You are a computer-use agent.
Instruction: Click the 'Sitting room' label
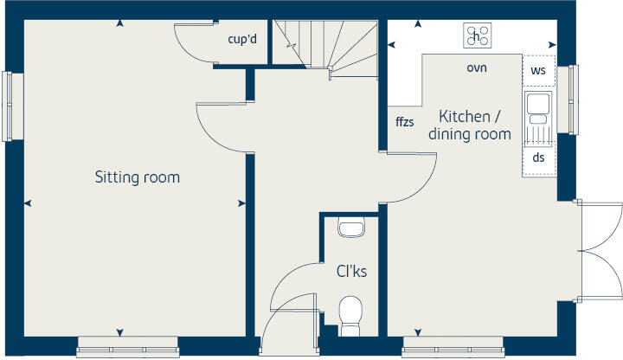[137, 177]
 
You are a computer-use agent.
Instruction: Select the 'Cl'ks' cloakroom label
[351, 271]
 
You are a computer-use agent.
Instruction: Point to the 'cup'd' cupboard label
[241, 39]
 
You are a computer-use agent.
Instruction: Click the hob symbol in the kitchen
[477, 35]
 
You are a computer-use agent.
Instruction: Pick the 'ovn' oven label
[477, 67]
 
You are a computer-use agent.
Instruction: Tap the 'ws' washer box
[538, 69]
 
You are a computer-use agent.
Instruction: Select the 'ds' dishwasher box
[538, 157]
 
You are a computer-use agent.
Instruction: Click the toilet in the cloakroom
[351, 314]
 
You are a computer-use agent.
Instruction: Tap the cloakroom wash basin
[351, 228]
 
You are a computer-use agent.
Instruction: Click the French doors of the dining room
[599, 251]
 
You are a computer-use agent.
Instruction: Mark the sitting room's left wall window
[8, 105]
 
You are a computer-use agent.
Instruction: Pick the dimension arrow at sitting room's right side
[241, 203]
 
